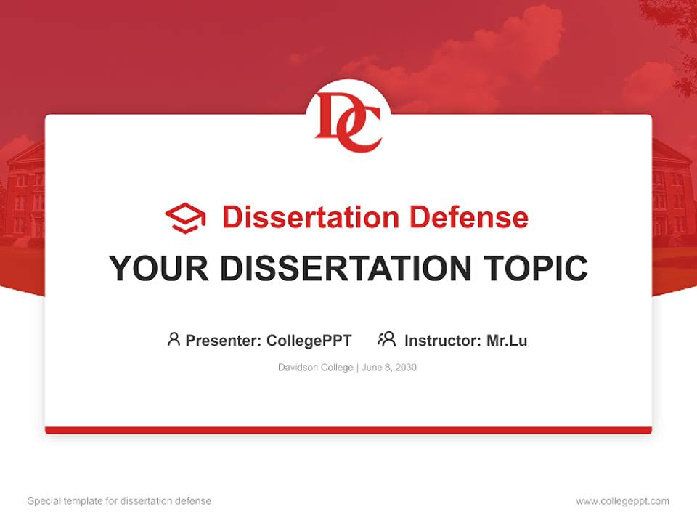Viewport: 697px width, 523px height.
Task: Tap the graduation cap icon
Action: point(185,218)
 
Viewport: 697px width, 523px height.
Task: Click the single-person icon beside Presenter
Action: point(174,339)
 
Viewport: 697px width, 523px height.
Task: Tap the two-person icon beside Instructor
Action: point(386,339)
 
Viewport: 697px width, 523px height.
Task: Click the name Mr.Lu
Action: point(507,340)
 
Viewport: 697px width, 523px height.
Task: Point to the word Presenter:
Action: point(224,340)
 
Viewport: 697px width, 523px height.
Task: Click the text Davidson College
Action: point(315,368)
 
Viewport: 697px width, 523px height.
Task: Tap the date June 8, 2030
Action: point(389,368)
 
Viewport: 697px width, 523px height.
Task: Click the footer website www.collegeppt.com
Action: point(622,501)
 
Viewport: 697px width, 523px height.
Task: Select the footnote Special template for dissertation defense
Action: point(119,501)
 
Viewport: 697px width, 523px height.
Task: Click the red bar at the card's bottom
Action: point(348,430)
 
